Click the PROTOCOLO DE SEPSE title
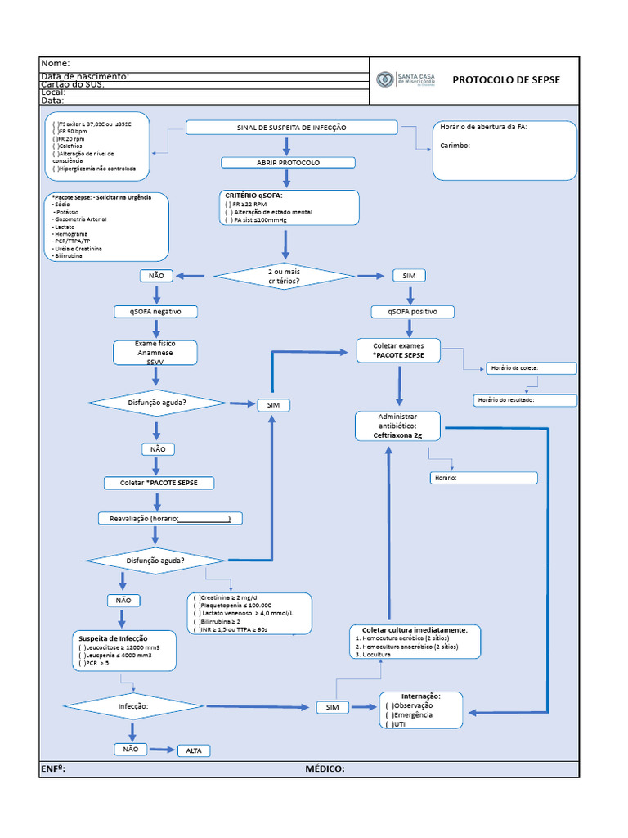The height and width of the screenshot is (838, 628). [x=505, y=80]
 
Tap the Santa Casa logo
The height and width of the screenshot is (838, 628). [x=384, y=79]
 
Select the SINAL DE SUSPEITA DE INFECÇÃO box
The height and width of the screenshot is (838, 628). [x=291, y=128]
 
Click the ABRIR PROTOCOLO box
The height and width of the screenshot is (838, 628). [x=289, y=163]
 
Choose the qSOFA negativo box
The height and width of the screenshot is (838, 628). [x=155, y=312]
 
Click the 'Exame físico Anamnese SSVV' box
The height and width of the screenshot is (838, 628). [x=155, y=352]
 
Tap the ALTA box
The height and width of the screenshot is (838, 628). [x=194, y=750]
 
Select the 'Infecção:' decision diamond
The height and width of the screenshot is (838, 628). [x=134, y=705]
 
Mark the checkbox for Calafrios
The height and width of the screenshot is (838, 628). [x=56, y=146]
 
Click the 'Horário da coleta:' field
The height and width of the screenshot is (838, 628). [x=530, y=368]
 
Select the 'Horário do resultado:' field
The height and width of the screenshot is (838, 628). [x=525, y=400]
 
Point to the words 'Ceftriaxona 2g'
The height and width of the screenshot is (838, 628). [x=397, y=436]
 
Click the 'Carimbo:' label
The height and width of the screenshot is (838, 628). [x=455, y=146]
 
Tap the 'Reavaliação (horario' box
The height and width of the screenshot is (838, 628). [x=170, y=519]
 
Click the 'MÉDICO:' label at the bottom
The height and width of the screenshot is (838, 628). [x=325, y=768]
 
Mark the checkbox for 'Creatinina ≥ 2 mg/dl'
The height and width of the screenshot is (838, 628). [x=196, y=598]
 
